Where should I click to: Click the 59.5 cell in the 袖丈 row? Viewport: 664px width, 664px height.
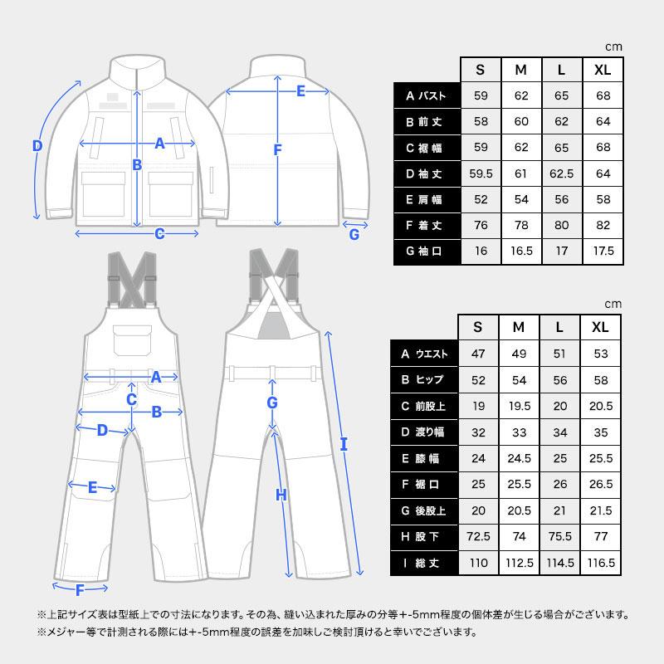pyautogui.click(x=481, y=173)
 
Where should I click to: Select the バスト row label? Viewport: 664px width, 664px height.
pyautogui.click(x=427, y=96)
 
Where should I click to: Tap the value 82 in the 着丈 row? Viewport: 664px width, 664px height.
pyautogui.click(x=603, y=225)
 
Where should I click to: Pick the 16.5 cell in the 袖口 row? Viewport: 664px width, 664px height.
pyautogui.click(x=522, y=251)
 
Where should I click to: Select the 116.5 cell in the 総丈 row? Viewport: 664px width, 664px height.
pyautogui.click(x=600, y=562)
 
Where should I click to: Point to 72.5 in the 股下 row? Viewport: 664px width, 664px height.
pyautogui.click(x=477, y=536)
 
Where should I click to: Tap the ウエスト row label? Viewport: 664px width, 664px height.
pyautogui.click(x=424, y=354)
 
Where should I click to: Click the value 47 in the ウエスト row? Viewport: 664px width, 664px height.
pyautogui.click(x=477, y=354)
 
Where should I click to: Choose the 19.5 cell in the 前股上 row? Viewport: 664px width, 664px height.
pyautogui.click(x=519, y=406)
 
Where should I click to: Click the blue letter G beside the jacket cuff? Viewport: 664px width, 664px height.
pyautogui.click(x=354, y=234)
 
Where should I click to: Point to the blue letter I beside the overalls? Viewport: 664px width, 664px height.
pyautogui.click(x=344, y=444)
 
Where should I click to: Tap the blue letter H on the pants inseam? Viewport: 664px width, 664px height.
pyautogui.click(x=281, y=496)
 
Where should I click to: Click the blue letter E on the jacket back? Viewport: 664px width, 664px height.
pyautogui.click(x=300, y=90)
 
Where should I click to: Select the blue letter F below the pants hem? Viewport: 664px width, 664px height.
pyautogui.click(x=81, y=591)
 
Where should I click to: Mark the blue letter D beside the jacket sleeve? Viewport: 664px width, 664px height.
pyautogui.click(x=37, y=147)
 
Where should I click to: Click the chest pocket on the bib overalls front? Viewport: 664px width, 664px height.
pyautogui.click(x=132, y=339)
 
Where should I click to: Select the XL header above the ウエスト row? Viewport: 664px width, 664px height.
pyautogui.click(x=600, y=327)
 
